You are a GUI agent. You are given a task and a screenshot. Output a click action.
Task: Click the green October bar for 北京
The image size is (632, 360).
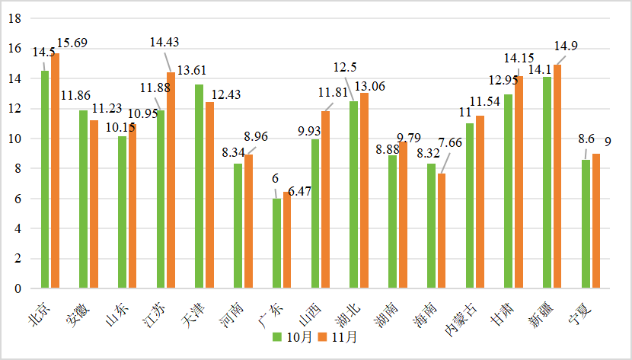(x=45, y=180)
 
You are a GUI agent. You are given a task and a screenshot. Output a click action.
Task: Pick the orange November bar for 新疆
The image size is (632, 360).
(x=557, y=177)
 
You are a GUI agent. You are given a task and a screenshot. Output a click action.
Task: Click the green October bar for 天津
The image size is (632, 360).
(x=199, y=187)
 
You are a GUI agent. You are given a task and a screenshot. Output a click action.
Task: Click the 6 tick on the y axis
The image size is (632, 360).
(x=16, y=199)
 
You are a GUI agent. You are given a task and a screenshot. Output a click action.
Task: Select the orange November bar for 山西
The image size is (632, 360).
(x=326, y=200)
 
